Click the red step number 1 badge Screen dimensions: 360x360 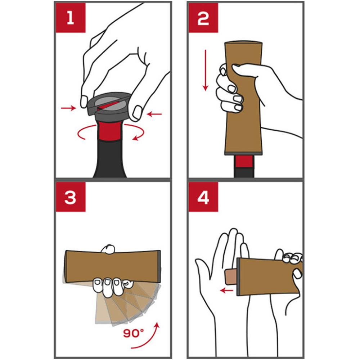71,18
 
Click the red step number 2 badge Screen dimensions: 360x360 203,18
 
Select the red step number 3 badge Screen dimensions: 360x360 71,197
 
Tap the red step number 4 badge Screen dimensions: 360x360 203,197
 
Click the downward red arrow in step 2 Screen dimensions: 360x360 206,70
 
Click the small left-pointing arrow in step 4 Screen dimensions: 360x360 226,291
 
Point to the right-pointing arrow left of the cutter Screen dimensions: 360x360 68,108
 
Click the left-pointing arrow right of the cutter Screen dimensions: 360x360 154,114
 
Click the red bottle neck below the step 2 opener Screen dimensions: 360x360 244,161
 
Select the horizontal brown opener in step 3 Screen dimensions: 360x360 112,266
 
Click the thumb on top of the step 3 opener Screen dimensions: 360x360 108,249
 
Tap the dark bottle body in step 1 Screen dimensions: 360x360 110,159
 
